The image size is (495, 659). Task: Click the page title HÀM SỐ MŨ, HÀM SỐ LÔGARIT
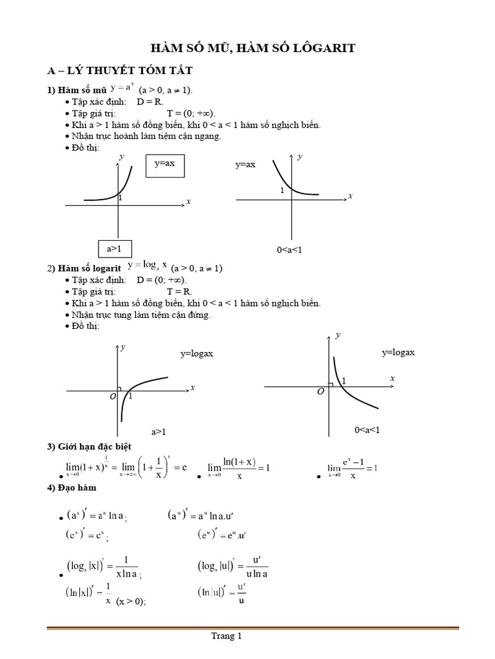(252, 48)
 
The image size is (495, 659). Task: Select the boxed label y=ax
(164, 164)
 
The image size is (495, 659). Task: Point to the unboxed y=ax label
(246, 165)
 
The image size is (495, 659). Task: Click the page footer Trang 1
(226, 637)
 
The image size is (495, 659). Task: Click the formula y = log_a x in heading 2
(148, 265)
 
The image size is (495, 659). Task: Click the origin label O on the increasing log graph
(112, 397)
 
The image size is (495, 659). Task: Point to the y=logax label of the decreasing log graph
(398, 353)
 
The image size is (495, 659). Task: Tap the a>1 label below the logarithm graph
(159, 432)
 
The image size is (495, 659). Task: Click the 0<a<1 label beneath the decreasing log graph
(367, 430)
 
